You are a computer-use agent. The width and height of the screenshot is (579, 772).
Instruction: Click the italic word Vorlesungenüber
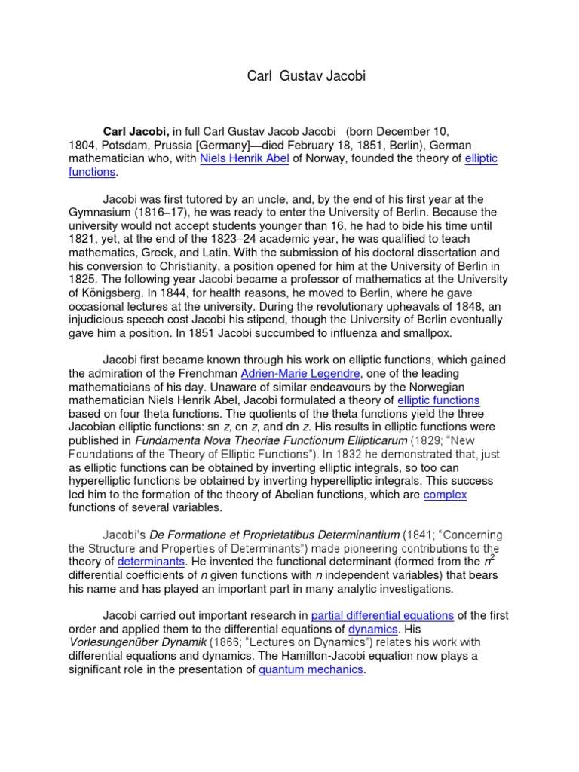click(118, 643)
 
